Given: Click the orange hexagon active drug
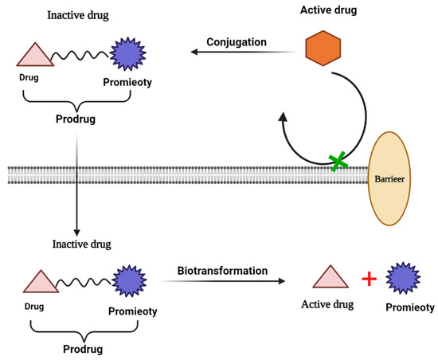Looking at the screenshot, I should tap(323, 50).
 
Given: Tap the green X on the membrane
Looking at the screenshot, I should tap(339, 162).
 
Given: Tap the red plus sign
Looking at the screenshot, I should tap(369, 280).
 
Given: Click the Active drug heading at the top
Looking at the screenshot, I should tap(323, 11).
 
